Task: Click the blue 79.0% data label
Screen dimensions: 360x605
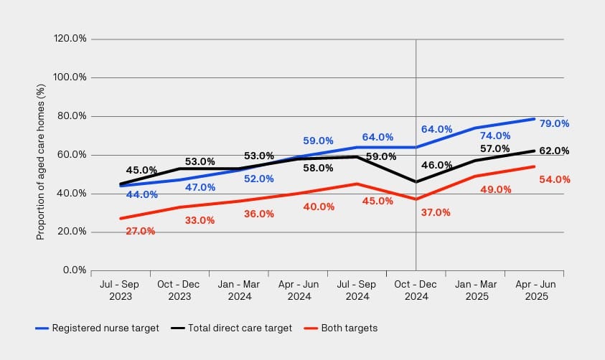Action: click(554, 123)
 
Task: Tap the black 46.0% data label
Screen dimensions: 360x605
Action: click(437, 165)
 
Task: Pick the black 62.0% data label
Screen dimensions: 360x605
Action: click(554, 151)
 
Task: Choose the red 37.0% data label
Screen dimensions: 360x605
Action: click(436, 212)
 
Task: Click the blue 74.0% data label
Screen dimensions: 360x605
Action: click(495, 136)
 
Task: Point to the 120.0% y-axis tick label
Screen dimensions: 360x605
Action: click(70, 39)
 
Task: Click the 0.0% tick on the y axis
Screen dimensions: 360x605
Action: click(75, 270)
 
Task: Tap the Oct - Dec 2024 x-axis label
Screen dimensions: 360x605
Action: click(416, 290)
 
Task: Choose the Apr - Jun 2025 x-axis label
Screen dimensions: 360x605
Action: click(535, 290)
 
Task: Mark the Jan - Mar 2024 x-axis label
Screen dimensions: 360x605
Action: click(238, 290)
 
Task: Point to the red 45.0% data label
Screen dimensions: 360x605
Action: click(378, 201)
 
